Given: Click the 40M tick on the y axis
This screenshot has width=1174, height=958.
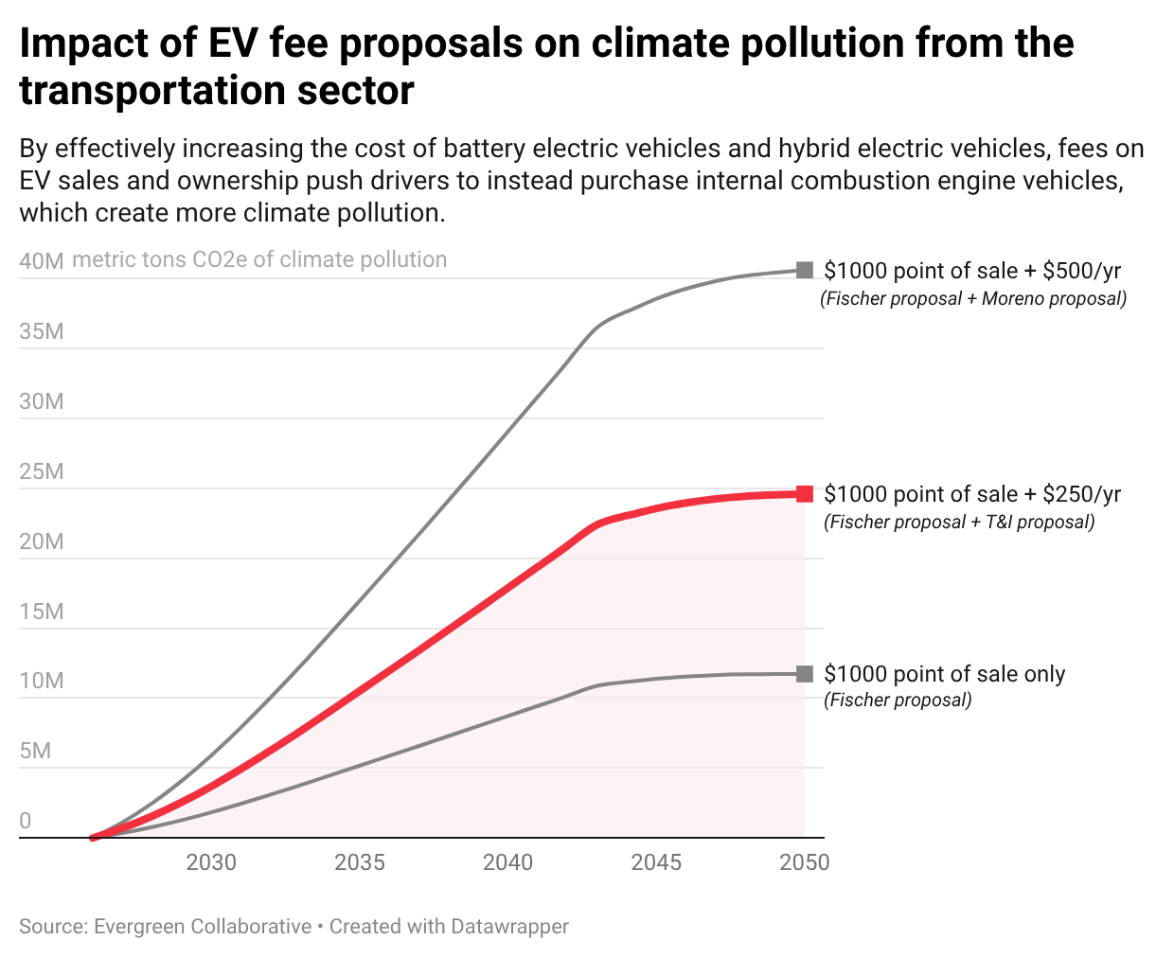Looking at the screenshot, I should click(x=41, y=261).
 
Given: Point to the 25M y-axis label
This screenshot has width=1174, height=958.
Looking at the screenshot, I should click(x=41, y=471).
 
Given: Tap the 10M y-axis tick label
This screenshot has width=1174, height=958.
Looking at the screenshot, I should click(x=41, y=681).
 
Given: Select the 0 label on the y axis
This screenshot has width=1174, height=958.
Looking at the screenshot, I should click(x=26, y=821).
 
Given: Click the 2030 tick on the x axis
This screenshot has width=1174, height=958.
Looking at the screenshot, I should click(x=211, y=862).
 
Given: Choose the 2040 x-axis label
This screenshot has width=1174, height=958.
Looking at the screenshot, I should click(x=508, y=862).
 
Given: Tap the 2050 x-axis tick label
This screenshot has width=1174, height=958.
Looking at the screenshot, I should click(x=804, y=862).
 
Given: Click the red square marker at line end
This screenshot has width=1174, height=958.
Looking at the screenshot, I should click(x=805, y=493).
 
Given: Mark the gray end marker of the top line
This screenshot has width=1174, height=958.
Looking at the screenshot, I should click(x=805, y=270).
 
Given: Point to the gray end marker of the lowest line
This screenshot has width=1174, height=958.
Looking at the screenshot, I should click(x=805, y=674).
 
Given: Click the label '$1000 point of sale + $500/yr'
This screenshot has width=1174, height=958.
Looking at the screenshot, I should click(x=972, y=271).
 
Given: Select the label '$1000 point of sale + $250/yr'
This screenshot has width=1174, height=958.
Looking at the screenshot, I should click(x=972, y=494).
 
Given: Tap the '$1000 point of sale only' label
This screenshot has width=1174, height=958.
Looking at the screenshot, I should click(x=944, y=674).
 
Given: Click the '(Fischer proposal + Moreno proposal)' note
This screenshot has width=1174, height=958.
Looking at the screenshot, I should click(x=973, y=299).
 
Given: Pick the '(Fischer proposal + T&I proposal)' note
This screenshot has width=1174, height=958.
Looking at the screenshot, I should click(x=959, y=523).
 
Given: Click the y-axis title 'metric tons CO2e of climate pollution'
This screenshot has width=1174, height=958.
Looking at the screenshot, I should click(x=259, y=260).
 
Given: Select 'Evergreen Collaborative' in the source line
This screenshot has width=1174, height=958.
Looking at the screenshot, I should click(x=203, y=927).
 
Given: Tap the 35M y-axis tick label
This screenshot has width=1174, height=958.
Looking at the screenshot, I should click(x=41, y=331).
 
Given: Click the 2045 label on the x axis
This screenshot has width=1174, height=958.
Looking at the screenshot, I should click(x=656, y=862).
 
